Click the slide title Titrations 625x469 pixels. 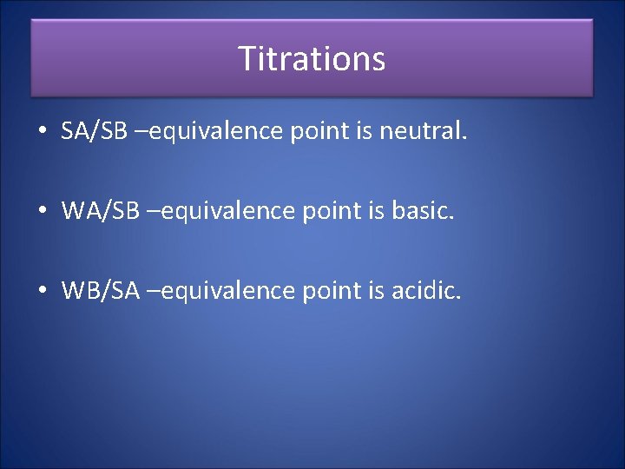(x=312, y=59)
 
